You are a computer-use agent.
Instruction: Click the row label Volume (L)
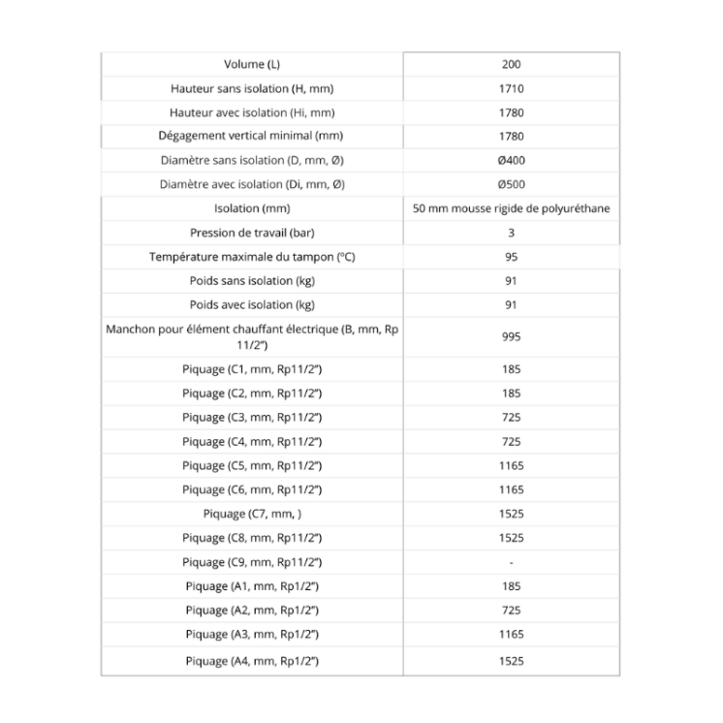click(252, 65)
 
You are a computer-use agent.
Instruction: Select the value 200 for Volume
click(512, 65)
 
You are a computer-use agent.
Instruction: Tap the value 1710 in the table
click(512, 89)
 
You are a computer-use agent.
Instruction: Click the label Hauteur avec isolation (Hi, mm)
click(252, 112)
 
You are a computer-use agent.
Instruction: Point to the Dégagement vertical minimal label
click(252, 137)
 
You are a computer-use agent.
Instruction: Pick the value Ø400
click(512, 161)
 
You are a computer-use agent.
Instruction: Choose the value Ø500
click(512, 184)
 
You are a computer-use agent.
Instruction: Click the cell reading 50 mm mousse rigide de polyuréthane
click(512, 208)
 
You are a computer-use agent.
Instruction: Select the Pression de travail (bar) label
click(252, 233)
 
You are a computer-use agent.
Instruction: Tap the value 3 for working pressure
click(512, 233)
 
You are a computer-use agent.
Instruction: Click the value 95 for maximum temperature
click(512, 257)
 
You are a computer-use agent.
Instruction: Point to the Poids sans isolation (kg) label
click(252, 281)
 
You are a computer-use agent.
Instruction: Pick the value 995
click(512, 337)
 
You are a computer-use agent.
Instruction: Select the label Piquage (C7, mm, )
click(252, 514)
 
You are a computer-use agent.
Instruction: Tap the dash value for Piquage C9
click(512, 562)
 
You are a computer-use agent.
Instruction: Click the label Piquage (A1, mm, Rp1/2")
click(252, 586)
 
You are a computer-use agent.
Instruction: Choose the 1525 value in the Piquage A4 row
click(512, 661)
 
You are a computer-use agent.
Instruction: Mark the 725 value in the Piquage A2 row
click(512, 611)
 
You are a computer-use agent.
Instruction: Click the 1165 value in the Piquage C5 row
click(512, 465)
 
